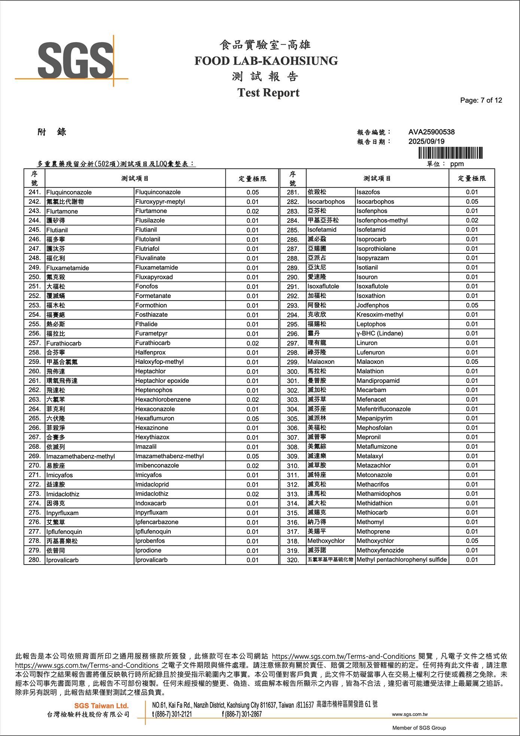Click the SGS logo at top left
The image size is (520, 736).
(75, 61)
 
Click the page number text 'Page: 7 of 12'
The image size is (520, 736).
(481, 100)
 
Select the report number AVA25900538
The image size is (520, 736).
(431, 132)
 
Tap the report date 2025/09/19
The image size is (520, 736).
(426, 142)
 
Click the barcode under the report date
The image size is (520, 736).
(450, 153)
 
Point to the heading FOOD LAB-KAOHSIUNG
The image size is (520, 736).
(266, 61)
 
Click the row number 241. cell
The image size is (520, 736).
(34, 192)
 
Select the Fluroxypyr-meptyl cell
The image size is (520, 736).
(160, 202)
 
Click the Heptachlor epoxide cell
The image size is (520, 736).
(162, 381)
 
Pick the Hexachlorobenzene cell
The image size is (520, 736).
(163, 399)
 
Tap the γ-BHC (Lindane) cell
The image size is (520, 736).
(380, 334)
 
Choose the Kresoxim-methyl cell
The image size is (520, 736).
(380, 315)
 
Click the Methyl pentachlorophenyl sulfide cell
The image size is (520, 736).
(401, 560)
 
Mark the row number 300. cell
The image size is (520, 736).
(293, 371)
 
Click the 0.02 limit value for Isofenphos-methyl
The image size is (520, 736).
(472, 221)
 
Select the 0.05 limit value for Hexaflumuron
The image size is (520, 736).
(252, 419)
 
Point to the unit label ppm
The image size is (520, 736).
(457, 164)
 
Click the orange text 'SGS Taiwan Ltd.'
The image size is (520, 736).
(101, 706)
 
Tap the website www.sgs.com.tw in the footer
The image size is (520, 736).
(410, 714)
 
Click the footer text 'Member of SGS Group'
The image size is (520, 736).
(419, 728)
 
